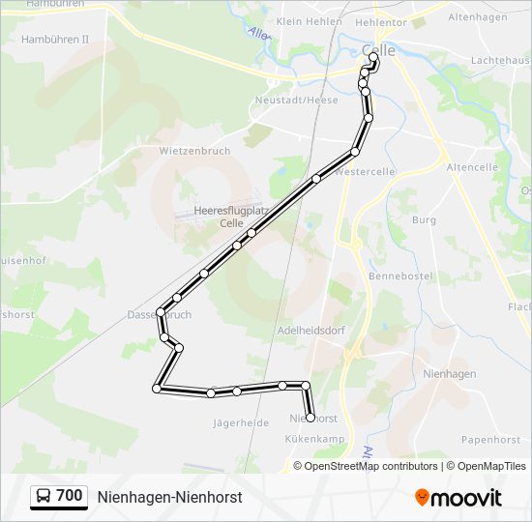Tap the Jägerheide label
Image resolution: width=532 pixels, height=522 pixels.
241,422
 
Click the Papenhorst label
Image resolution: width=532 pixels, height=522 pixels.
491,439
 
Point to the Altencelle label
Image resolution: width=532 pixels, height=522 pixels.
472,166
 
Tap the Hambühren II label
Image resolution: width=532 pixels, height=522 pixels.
54,40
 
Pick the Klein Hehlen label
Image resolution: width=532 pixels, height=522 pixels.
310,20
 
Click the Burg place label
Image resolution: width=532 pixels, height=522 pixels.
424,220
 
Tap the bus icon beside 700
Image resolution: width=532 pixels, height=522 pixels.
43,496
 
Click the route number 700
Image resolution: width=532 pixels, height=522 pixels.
70,496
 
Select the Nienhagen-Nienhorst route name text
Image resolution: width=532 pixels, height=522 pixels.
169,497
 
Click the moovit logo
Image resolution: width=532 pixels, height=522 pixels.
458,497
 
